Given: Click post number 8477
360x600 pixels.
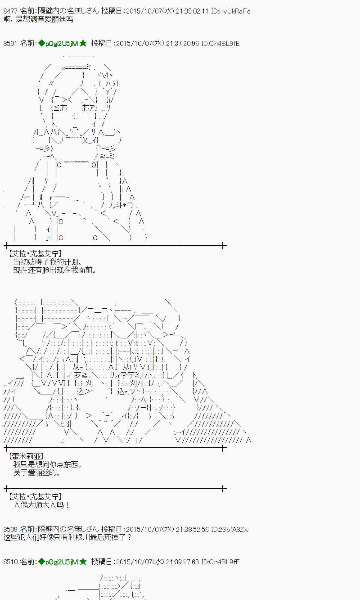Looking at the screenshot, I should (10, 11).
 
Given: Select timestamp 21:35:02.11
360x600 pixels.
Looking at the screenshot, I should (192, 11).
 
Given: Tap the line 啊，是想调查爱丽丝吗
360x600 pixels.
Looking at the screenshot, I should (38, 19).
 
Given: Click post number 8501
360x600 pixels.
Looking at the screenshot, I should (10, 43).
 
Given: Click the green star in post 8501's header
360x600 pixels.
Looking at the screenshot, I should (83, 43).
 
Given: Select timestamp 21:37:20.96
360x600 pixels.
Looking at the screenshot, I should (182, 43).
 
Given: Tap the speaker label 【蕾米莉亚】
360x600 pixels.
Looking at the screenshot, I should (26, 456).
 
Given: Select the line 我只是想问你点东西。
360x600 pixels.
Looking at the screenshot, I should (47, 464).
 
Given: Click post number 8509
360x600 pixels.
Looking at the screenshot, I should (10, 529).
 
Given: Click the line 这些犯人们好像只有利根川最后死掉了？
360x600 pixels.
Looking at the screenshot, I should (67, 537).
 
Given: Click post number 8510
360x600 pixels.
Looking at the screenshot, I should (10, 562).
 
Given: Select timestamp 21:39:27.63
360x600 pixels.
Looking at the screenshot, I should (182, 562).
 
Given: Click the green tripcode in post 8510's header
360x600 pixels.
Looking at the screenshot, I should (58, 562).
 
